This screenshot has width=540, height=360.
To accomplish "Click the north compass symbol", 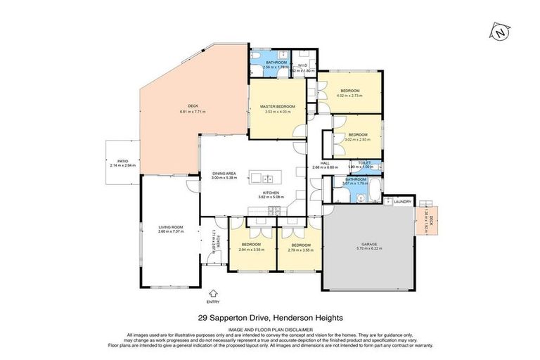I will (x=500, y=32).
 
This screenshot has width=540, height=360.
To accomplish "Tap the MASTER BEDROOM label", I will (x=273, y=105).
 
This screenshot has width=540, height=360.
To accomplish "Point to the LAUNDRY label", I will (x=402, y=202).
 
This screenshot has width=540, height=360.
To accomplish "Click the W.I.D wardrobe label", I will (x=303, y=66).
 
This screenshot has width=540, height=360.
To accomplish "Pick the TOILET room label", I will (x=364, y=162).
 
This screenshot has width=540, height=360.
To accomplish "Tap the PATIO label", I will (x=123, y=161).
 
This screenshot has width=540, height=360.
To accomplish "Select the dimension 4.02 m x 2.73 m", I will (x=350, y=96).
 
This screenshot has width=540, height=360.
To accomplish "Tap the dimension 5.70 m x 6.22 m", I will (x=369, y=250).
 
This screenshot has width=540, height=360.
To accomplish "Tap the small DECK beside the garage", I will (x=425, y=219).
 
